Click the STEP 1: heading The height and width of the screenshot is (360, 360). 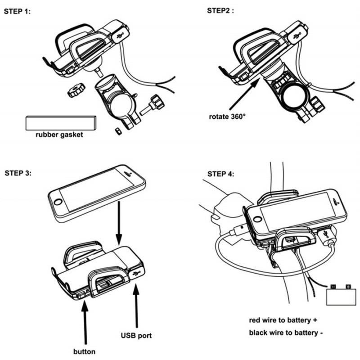18,12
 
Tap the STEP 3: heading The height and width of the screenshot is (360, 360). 18,173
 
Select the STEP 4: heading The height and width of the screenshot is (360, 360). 220,174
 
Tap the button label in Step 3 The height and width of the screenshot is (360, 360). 84,351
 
